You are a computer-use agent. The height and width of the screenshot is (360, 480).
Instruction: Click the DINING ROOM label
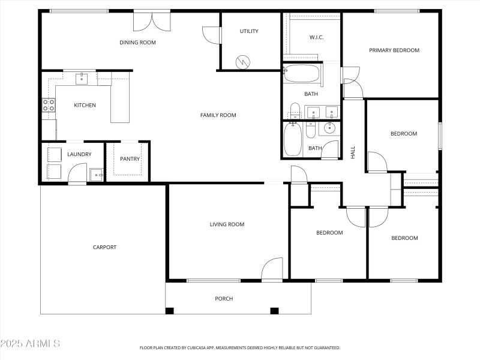[137, 42]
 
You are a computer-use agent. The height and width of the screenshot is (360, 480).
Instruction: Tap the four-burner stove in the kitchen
[49, 106]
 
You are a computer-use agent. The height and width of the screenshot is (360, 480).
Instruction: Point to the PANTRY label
[130, 159]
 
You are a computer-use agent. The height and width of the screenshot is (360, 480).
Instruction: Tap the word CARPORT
[104, 247]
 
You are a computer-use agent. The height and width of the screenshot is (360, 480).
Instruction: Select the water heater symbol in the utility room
[243, 61]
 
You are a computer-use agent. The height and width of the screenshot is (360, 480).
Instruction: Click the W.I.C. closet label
[316, 37]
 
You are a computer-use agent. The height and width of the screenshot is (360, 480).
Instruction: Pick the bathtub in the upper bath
[302, 74]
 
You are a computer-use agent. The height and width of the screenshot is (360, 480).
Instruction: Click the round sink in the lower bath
[329, 127]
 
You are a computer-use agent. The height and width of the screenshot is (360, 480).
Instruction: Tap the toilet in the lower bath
[310, 129]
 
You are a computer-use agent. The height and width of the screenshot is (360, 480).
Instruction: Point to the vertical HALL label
[353, 152]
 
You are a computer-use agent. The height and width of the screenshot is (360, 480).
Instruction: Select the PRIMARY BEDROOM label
[394, 50]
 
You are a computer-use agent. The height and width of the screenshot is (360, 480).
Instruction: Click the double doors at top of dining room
[152, 21]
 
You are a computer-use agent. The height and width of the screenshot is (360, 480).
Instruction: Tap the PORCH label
[224, 299]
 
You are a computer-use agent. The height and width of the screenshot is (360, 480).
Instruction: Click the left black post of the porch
[170, 311]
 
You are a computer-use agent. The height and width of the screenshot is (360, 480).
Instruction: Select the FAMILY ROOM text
[218, 115]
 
